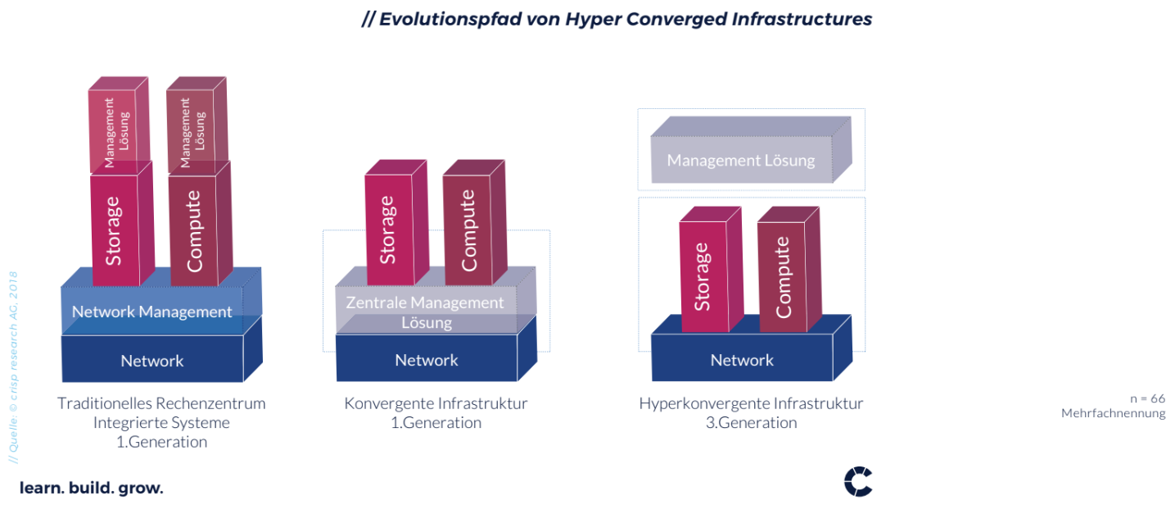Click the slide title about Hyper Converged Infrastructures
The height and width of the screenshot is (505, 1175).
pos(617,19)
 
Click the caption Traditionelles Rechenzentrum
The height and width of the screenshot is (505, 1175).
pos(161,403)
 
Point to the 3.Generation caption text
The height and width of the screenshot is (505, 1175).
pos(751,422)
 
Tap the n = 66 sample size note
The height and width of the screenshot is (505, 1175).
pos(1148,398)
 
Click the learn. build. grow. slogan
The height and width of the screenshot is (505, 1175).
pos(91,488)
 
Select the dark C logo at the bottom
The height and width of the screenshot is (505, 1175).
pos(858,481)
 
